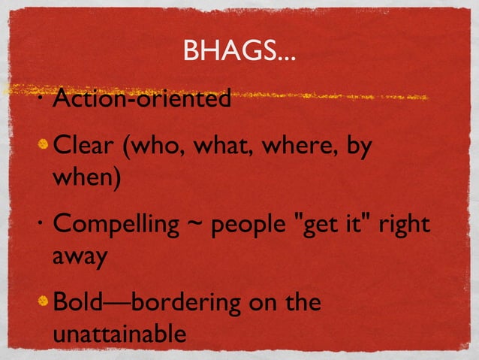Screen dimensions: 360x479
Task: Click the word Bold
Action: [x=78, y=304]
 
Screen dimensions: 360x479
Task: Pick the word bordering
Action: [x=185, y=304]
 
